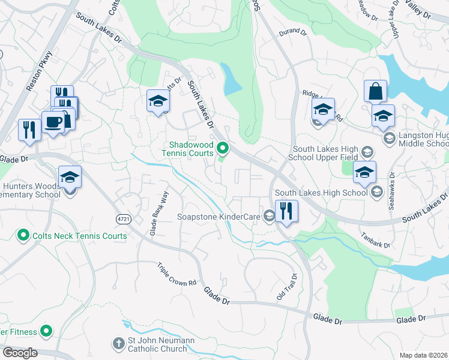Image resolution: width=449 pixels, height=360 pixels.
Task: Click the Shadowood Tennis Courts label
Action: click(x=191, y=149)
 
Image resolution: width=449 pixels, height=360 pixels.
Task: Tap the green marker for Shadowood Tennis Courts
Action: click(x=223, y=147)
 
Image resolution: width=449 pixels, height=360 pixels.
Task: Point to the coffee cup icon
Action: click(x=53, y=122)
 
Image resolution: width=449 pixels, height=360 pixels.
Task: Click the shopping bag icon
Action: click(x=375, y=91)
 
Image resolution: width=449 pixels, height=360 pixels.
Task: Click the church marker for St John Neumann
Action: click(x=118, y=344)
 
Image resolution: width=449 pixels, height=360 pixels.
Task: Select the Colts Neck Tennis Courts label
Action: click(x=79, y=236)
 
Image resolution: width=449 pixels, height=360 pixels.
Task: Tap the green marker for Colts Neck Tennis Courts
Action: click(x=23, y=235)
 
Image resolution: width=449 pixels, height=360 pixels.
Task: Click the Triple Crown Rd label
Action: click(x=177, y=274)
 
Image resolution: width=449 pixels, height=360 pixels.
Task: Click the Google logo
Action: click(x=20, y=353)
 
